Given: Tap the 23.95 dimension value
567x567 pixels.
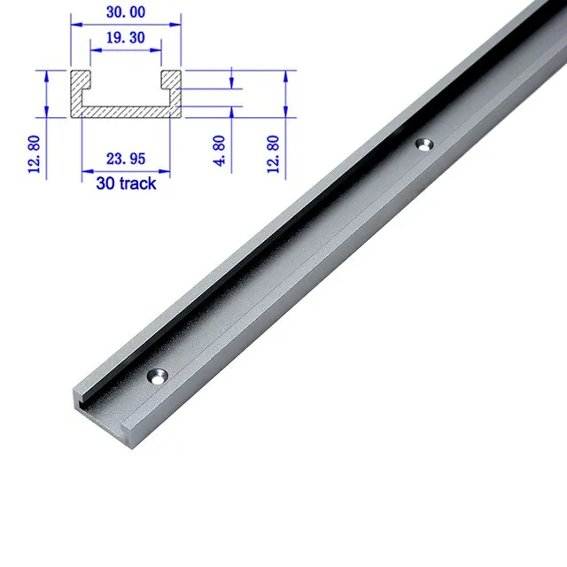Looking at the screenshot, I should pyautogui.click(x=127, y=160).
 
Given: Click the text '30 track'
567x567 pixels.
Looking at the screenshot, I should pyautogui.click(x=126, y=183).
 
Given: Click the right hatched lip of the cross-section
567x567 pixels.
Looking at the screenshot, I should pyautogui.click(x=172, y=82).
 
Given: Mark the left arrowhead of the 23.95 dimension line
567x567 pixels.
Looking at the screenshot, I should pyautogui.click(x=85, y=168).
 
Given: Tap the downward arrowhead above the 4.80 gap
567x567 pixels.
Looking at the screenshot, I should pyautogui.click(x=231, y=85).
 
